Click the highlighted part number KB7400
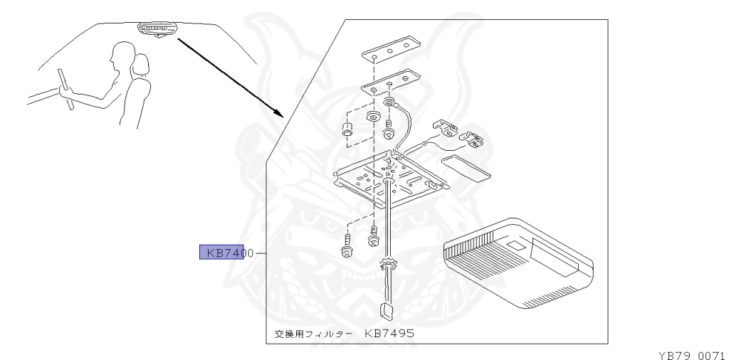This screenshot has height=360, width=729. pos(221,253)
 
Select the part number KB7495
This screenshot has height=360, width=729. pos(389,333)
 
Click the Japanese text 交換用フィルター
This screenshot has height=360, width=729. pos(313,334)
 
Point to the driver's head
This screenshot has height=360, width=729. pos(122,56)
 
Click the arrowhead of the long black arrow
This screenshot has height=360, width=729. pos(279,113)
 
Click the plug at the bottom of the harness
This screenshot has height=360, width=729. pos(384,309)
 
